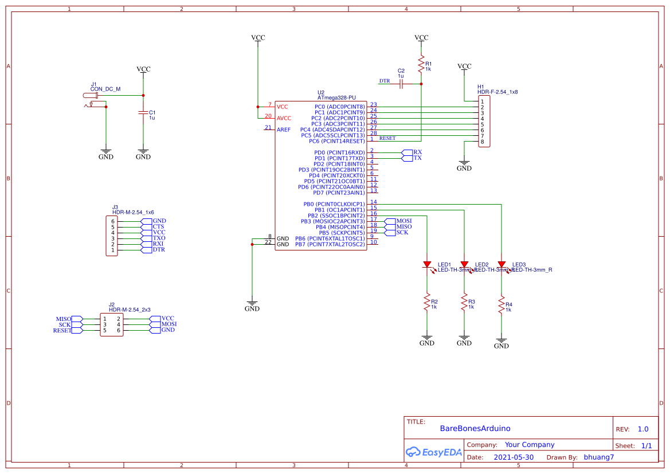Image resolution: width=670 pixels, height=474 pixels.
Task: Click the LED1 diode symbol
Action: coord(427,264)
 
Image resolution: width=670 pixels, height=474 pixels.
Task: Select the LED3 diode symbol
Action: coord(501,264)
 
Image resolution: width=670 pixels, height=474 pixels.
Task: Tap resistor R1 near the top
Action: coord(421,64)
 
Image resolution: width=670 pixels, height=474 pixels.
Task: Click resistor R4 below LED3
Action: coord(501,304)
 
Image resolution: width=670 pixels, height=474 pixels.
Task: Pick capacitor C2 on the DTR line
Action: coord(401,84)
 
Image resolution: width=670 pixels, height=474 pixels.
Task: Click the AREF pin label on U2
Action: coord(284,130)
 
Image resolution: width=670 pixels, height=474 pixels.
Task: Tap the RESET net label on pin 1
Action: coord(387,138)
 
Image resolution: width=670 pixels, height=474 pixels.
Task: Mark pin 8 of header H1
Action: coord(483,142)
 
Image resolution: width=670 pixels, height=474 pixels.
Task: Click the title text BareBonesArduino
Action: coord(475,428)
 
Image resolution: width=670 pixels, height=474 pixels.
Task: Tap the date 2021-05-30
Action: coord(514,457)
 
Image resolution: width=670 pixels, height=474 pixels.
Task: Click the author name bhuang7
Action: coord(598,457)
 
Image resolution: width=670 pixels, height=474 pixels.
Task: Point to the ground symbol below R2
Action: coord(427,339)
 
